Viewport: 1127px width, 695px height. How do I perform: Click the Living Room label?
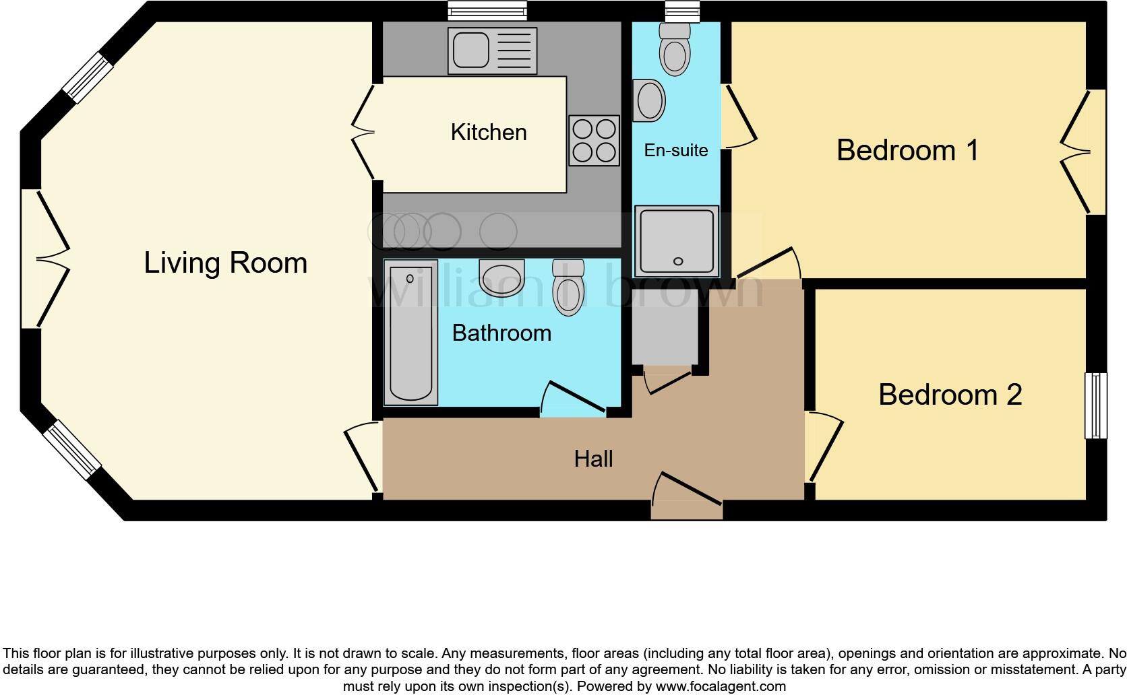tap(225, 263)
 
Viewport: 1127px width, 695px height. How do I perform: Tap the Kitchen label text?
tap(489, 132)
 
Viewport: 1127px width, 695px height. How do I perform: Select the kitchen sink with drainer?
tap(492, 51)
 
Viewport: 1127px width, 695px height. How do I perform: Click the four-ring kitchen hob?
tap(594, 140)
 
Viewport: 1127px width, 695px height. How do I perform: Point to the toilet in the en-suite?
tap(675, 51)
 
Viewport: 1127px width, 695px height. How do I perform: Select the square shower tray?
tap(677, 242)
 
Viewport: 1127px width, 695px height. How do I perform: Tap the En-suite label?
tap(675, 150)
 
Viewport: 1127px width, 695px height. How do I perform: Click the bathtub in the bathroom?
tap(410, 333)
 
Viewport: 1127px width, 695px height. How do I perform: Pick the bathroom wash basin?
tap(501, 278)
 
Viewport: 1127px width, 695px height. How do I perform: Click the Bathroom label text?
tap(501, 333)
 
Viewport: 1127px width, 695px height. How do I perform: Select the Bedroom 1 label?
tap(907, 150)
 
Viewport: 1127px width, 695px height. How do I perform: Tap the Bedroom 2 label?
tap(950, 395)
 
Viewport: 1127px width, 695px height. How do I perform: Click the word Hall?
tap(593, 459)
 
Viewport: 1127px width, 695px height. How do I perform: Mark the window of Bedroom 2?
tap(1095, 405)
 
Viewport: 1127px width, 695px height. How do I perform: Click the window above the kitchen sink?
tap(487, 9)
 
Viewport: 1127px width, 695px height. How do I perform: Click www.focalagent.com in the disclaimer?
tap(721, 687)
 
